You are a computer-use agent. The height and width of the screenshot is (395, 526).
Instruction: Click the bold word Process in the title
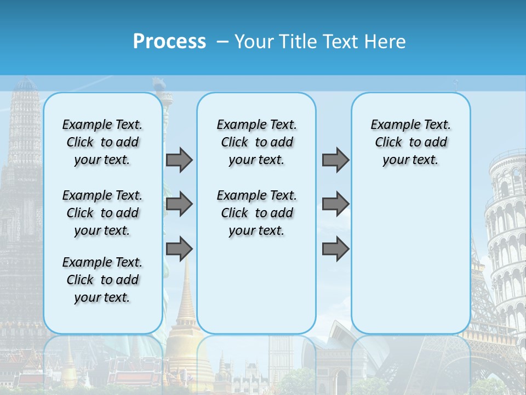tap(169, 41)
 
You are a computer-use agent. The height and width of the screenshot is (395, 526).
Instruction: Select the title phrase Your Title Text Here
tap(320, 41)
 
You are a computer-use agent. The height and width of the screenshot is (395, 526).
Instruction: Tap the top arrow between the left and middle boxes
tap(179, 160)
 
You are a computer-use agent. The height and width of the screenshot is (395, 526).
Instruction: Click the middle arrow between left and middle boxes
tap(179, 205)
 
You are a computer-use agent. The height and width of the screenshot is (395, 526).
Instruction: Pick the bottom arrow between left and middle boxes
tap(179, 250)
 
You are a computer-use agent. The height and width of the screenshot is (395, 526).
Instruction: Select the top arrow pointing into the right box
tap(335, 160)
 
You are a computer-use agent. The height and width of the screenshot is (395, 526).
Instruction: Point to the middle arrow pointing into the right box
tap(335, 205)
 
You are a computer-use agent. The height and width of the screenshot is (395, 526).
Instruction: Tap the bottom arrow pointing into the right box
tap(335, 250)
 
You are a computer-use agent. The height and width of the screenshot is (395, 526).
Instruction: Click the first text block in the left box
tap(102, 142)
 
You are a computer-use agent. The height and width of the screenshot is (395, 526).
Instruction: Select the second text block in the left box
tap(102, 213)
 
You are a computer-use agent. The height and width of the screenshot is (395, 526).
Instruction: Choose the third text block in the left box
tap(102, 280)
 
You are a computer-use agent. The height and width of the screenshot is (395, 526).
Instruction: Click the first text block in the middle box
tap(256, 142)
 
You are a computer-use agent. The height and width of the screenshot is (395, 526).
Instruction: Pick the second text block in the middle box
tap(256, 213)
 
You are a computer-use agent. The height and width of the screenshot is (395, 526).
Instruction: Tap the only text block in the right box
tap(410, 142)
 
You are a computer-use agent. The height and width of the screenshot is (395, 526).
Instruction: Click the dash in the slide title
tap(222, 42)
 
